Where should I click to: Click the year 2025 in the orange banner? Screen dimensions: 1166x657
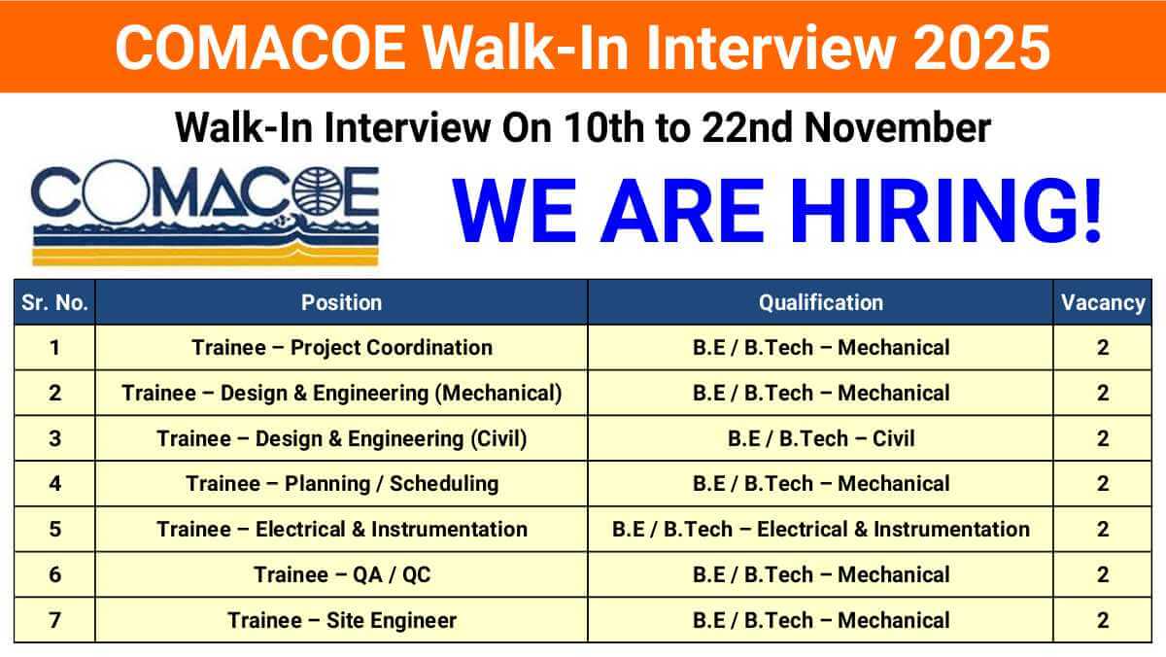(x=981, y=48)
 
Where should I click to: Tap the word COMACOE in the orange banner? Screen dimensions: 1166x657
(x=260, y=48)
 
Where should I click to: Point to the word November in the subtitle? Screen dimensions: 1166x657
(x=898, y=127)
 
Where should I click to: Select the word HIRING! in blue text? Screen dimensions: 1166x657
(x=945, y=211)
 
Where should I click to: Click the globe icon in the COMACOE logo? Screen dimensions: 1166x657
(x=318, y=191)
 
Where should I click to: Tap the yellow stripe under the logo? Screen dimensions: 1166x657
(x=205, y=257)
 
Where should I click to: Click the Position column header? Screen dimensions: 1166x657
(x=341, y=303)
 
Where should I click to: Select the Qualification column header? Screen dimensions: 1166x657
(x=821, y=303)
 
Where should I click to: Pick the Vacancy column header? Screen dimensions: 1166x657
(x=1103, y=303)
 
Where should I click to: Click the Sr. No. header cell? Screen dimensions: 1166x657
(x=54, y=303)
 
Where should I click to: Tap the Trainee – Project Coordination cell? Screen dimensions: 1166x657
(x=342, y=348)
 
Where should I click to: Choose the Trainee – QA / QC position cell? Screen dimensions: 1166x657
(x=342, y=574)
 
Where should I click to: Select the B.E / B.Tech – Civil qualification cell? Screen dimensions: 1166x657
(x=821, y=438)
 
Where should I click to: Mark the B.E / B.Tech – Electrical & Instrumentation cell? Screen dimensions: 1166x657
(x=821, y=530)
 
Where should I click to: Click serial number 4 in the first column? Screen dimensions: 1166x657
(x=54, y=484)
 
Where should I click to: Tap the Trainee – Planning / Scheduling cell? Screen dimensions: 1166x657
(x=342, y=484)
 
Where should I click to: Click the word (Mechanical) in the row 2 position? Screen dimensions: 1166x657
(x=498, y=394)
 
